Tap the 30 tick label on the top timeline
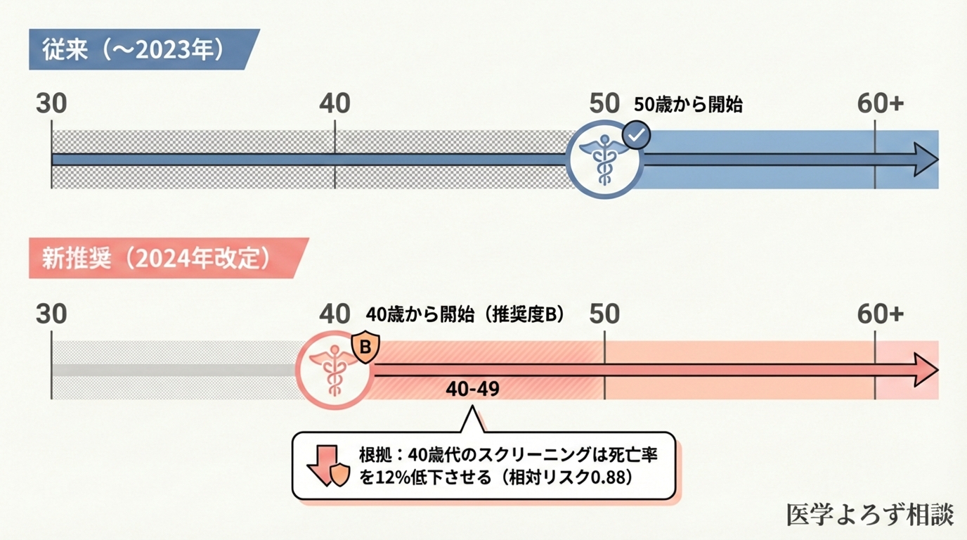[x=51, y=104]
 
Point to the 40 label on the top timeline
[x=335, y=104]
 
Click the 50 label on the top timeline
[x=604, y=104]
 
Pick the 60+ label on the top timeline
[x=880, y=104]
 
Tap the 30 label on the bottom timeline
[x=51, y=314]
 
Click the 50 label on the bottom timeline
[x=604, y=314]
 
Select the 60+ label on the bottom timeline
[x=880, y=314]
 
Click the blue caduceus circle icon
[x=604, y=160]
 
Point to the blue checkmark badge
[x=637, y=135]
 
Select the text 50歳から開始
[x=688, y=105]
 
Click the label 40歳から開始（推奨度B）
[x=465, y=314]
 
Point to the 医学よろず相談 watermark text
[x=870, y=515]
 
